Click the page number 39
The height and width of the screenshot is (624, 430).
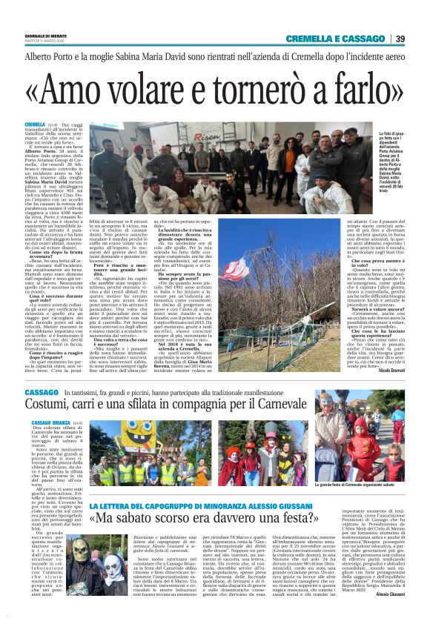tap(400, 39)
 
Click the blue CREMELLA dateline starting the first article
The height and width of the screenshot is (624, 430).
tap(35, 125)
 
